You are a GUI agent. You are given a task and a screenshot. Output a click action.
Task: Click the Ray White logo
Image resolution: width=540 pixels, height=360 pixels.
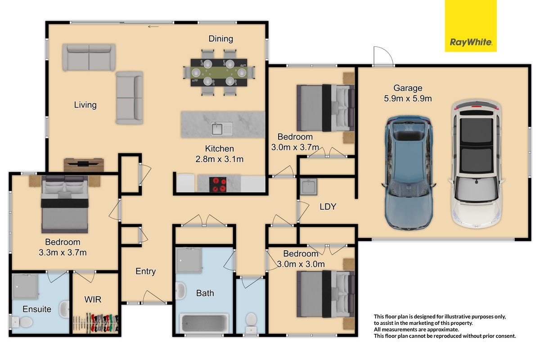coord(471,26)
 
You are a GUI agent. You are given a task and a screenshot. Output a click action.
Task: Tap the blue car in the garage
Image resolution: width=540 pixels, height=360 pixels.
coord(409,173)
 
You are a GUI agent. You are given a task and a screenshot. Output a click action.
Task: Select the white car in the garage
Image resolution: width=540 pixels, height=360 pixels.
coord(477,164)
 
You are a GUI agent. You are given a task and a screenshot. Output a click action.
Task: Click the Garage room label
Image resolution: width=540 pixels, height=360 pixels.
coord(408,88)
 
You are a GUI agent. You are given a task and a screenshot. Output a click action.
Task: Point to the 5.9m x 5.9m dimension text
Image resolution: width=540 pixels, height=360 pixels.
coord(408,99)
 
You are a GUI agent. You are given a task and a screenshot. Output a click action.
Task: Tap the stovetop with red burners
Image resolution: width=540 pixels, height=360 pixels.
coord(218,184)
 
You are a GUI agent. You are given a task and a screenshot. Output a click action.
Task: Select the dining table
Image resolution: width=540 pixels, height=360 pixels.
coord(219,72)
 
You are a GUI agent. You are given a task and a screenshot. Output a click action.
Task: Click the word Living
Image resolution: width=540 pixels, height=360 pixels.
coord(85,105)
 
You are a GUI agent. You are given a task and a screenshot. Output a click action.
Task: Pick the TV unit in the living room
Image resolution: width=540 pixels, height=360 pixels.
coord(84,165)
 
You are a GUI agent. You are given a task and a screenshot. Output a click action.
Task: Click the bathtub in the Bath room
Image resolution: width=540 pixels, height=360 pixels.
coord(204,323)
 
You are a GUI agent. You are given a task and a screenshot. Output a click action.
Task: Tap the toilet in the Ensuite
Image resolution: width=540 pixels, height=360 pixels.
coord(22,322)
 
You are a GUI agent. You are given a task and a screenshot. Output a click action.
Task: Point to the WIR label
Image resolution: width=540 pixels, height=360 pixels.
coord(93,300)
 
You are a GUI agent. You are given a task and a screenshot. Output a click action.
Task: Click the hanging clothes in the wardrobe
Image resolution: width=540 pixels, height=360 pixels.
coord(96,324)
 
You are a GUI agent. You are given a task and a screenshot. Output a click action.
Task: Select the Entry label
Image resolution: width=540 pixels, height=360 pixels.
coord(146,271)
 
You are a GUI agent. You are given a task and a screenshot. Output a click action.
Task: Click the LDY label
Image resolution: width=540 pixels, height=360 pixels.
coord(328,207)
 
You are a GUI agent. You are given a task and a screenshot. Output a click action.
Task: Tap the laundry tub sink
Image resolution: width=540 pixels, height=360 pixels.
coord(308,187)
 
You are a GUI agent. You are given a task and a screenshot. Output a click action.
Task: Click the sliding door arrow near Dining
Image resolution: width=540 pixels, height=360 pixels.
coord(153,27)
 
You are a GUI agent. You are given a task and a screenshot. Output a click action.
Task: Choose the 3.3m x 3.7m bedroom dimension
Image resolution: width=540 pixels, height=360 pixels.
coord(63,252)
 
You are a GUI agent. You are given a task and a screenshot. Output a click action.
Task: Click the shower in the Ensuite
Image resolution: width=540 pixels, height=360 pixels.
coord(25,287)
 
